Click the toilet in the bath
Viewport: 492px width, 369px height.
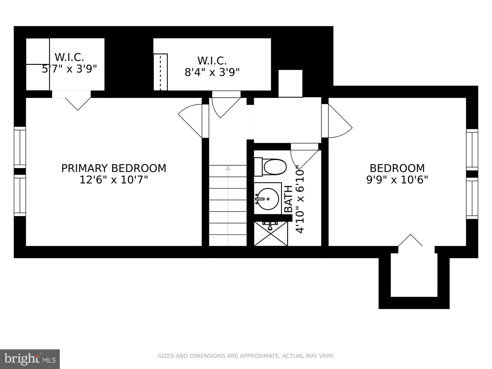point(270,167)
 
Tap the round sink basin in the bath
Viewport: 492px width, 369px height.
point(268,199)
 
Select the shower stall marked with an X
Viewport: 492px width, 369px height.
point(271,234)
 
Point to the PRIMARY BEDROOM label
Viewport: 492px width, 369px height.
point(114,168)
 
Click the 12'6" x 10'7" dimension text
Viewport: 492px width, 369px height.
point(114,180)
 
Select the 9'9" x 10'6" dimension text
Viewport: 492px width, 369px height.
point(397,180)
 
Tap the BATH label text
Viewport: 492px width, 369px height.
point(288,199)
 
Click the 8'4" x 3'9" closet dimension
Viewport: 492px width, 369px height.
point(212,72)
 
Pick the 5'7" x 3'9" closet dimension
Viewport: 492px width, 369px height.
point(69,69)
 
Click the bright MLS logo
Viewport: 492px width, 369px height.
point(30,359)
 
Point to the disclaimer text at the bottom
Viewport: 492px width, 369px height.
point(246,356)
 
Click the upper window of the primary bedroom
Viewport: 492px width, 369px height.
point(20,147)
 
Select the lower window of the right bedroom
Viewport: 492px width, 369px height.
point(472,198)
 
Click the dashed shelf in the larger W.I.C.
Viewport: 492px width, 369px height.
point(161,72)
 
